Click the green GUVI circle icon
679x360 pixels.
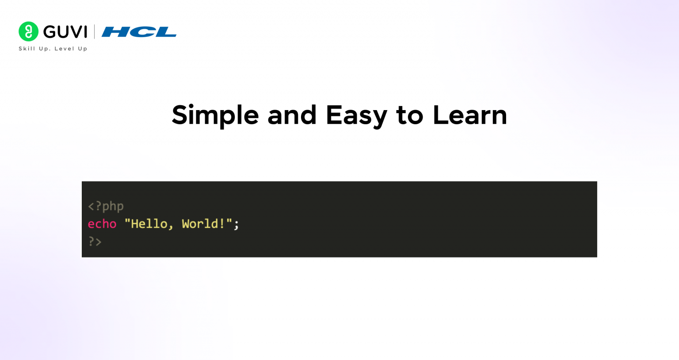click(x=28, y=31)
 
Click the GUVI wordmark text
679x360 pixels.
click(x=65, y=32)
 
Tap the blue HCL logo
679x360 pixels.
click(x=139, y=32)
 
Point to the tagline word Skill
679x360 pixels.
click(x=27, y=49)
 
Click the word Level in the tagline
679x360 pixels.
click(x=64, y=49)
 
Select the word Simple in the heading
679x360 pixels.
click(x=215, y=115)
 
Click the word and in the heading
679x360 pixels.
click(x=292, y=115)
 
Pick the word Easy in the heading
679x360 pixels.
click(x=356, y=115)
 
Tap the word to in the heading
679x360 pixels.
click(x=409, y=115)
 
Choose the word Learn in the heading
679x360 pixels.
click(x=469, y=115)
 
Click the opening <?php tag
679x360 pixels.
click(x=106, y=206)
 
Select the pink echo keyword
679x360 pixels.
click(x=102, y=224)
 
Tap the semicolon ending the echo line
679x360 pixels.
click(x=237, y=225)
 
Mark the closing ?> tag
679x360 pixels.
click(x=95, y=241)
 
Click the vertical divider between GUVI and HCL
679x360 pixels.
click(x=94, y=32)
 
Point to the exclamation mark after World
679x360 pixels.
click(x=222, y=224)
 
